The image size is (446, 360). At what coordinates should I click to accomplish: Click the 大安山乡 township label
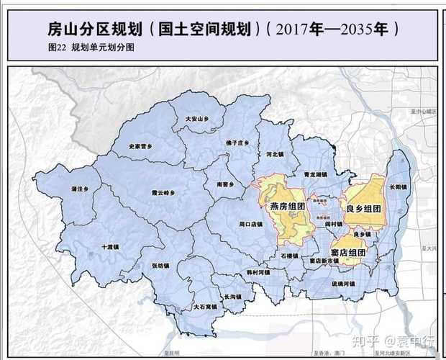click(x=196, y=118)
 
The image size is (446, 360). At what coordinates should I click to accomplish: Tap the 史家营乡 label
click(x=141, y=146)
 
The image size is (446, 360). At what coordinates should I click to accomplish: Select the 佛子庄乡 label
click(x=236, y=143)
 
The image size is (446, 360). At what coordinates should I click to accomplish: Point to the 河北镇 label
click(x=275, y=154)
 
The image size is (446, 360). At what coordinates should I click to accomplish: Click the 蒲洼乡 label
click(x=79, y=189)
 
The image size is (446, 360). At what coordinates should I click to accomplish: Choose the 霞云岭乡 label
click(x=163, y=192)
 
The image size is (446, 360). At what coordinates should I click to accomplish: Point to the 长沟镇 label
click(x=232, y=296)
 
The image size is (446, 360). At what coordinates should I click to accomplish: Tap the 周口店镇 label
click(x=250, y=224)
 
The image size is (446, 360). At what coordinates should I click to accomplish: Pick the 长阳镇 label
click(x=398, y=187)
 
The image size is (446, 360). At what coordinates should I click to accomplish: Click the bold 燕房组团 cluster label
click(x=289, y=207)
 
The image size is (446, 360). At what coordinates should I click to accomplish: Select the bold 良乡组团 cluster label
click(x=363, y=208)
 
